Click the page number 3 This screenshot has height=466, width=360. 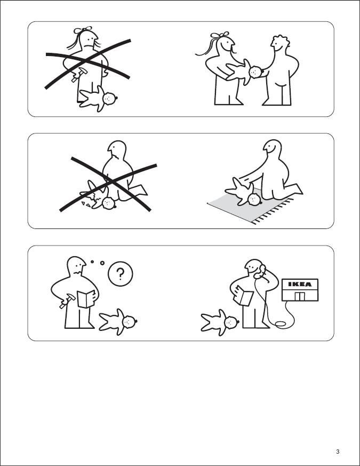338,452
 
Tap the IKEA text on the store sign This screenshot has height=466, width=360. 300,285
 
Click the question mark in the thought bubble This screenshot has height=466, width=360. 121,274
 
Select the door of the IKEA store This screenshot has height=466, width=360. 300,296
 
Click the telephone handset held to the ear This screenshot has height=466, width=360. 260,271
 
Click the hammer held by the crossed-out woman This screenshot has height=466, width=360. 79,75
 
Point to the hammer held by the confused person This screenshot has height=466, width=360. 67,301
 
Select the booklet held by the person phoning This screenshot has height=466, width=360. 244,295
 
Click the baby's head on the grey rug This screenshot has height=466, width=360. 254,199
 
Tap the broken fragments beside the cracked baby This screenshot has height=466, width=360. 87,203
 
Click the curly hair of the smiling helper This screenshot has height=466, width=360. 281,40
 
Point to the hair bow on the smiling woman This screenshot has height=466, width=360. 220,35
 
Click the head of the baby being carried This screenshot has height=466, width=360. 256,72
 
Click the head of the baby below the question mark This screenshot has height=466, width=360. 130,321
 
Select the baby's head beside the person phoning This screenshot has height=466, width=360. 232,322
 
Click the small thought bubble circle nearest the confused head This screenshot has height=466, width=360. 92,262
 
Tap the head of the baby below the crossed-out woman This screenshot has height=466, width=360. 110,98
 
